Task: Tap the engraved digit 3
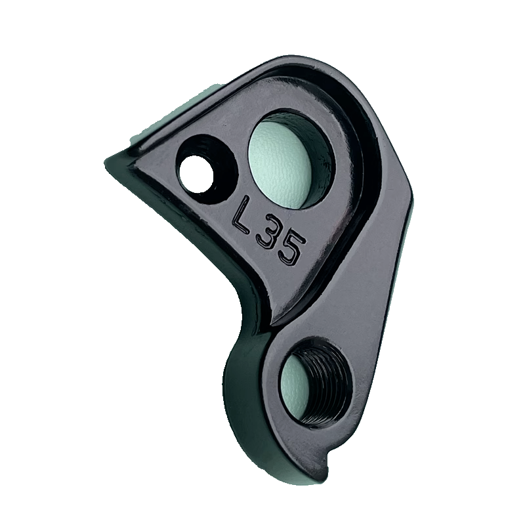pos(266,234)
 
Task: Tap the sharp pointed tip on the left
pos(108,160)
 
